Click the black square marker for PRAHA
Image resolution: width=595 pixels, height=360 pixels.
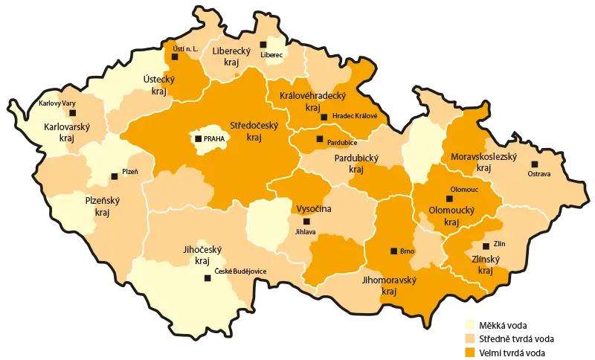198,139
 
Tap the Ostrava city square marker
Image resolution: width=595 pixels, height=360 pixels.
534,164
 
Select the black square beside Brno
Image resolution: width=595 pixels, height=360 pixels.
393,251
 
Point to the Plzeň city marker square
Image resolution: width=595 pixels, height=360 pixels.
114,176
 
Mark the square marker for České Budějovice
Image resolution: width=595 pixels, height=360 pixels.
208,279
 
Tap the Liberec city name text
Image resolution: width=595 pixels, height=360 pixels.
272,55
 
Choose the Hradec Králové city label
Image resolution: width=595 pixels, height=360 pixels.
355,116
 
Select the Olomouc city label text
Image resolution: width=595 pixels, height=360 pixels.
464,190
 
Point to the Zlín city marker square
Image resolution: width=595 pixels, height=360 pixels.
486,245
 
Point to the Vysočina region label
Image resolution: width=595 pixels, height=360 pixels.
313,209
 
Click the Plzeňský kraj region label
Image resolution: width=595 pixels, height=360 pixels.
103,205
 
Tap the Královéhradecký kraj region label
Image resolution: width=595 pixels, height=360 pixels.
313,101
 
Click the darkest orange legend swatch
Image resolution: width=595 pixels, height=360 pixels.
470,351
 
